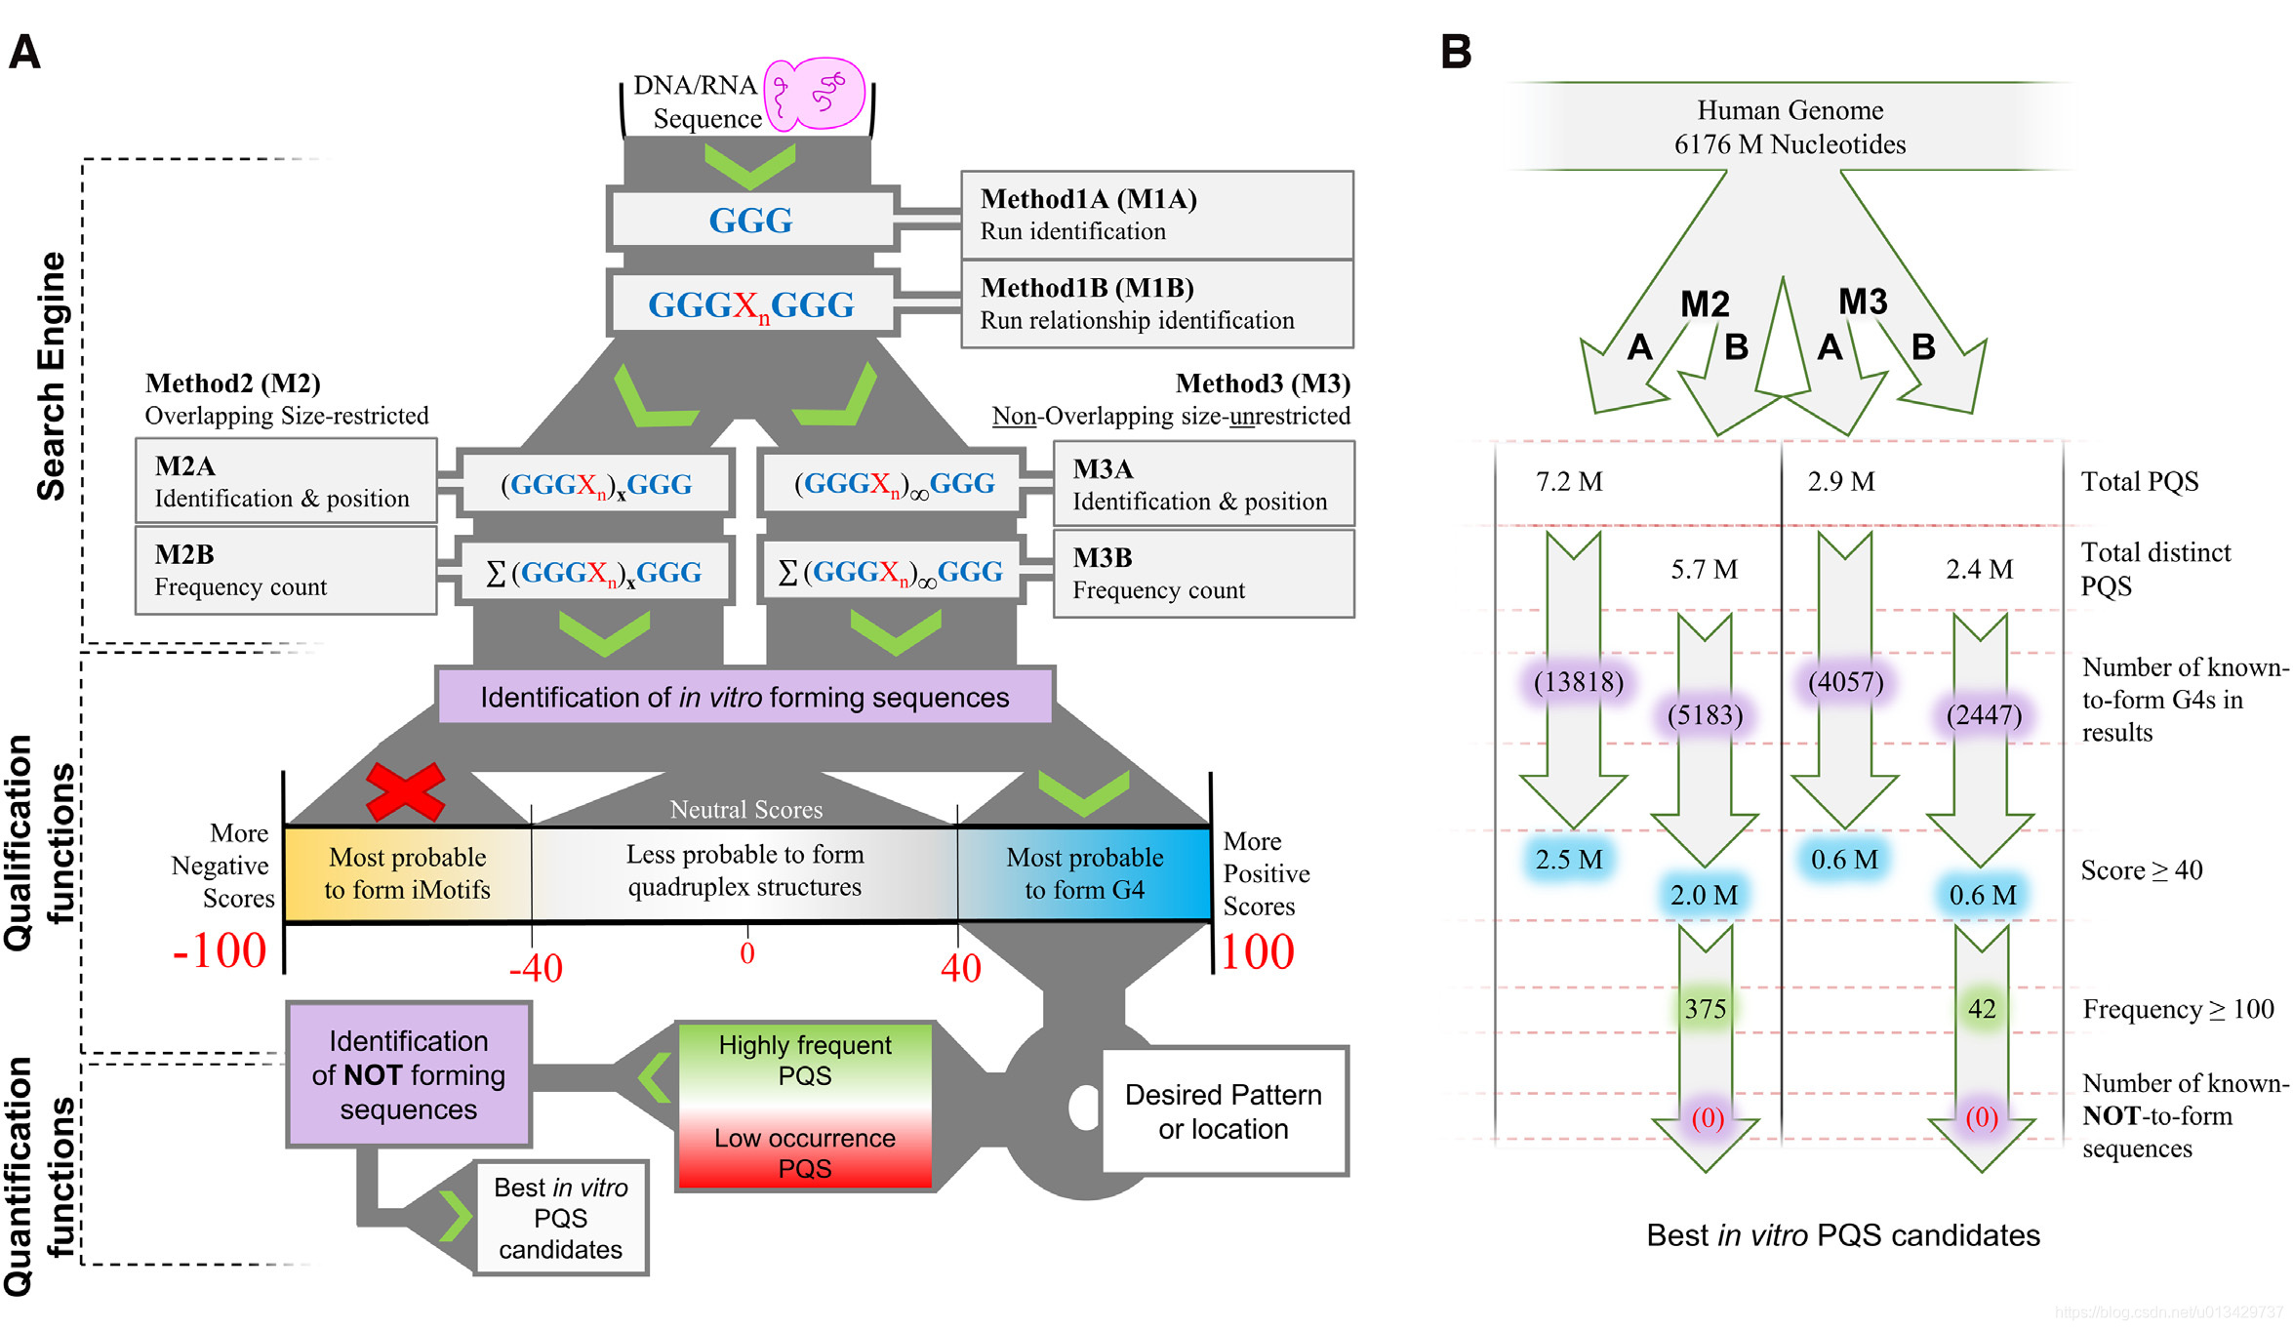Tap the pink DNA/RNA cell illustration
pyautogui.click(x=815, y=95)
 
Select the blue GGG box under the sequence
pyautogui.click(x=750, y=220)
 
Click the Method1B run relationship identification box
pyautogui.click(x=1156, y=303)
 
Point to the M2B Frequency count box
pyautogui.click(x=285, y=571)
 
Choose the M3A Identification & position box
pyautogui.click(x=1203, y=485)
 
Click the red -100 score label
pyautogui.click(x=220, y=950)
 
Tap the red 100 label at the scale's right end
pyautogui.click(x=1257, y=951)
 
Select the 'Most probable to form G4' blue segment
pyautogui.click(x=1084, y=873)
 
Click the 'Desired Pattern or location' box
pyautogui.click(x=1224, y=1111)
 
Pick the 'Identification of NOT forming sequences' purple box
pyautogui.click(x=409, y=1074)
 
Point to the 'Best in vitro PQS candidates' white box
pyautogui.click(x=561, y=1218)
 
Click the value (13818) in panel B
pyautogui.click(x=1578, y=681)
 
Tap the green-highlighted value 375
pyautogui.click(x=1705, y=1009)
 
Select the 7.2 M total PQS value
pyautogui.click(x=1569, y=482)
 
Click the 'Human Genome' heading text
pyautogui.click(x=1790, y=110)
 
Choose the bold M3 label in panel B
pyautogui.click(x=1863, y=302)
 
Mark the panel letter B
pyautogui.click(x=1456, y=52)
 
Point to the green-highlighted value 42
pyautogui.click(x=1982, y=1009)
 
